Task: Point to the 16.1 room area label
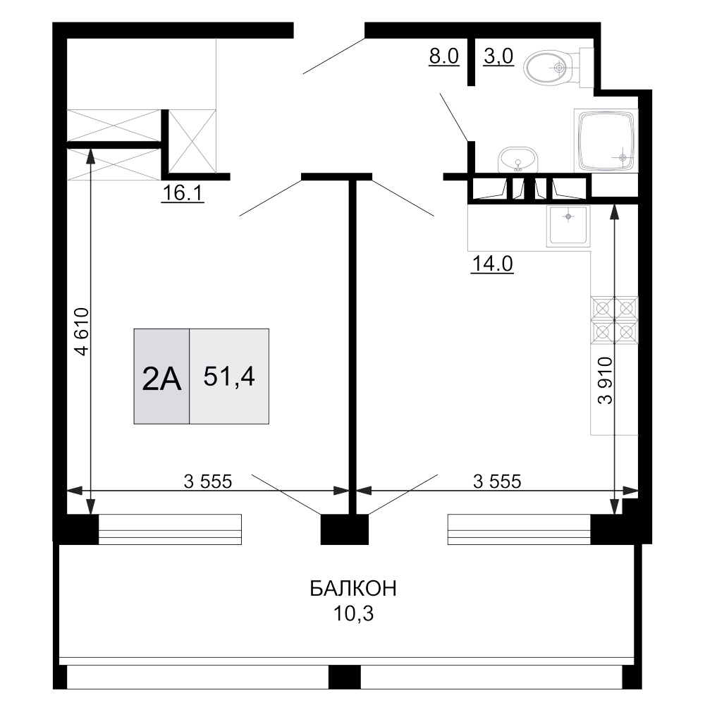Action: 182,193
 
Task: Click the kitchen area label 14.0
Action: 492,264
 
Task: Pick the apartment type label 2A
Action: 162,379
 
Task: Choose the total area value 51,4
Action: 228,376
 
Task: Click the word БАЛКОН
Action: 353,589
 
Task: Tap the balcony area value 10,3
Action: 353,614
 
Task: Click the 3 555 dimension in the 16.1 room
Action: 207,482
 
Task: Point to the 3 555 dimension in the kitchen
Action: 496,482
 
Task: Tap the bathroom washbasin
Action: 518,161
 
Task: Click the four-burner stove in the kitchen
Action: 615,319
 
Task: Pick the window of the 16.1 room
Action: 170,529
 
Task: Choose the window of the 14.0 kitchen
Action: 518,529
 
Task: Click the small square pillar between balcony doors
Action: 335,529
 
